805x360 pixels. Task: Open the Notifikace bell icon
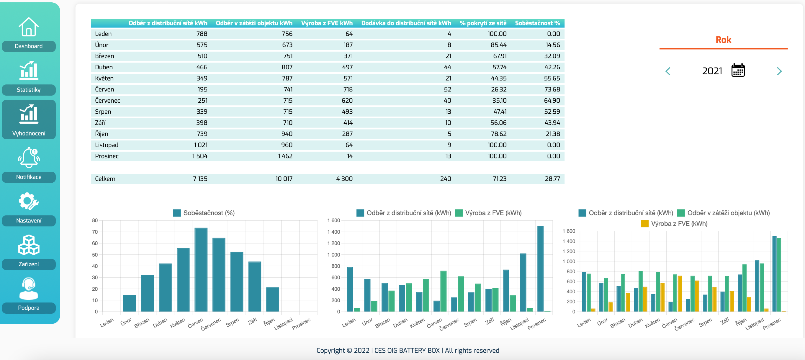point(28,158)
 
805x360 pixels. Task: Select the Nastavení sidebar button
point(28,220)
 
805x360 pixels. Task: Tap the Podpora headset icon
point(28,288)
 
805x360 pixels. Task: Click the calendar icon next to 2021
point(738,70)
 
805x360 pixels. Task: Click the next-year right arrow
point(779,71)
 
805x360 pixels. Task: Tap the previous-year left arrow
point(668,71)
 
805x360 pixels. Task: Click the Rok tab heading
point(723,40)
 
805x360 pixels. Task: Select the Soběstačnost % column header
point(537,23)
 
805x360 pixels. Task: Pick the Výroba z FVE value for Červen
point(348,89)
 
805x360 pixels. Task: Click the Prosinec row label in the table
point(107,156)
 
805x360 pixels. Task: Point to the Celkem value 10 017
point(284,179)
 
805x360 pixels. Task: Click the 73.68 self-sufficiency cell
point(552,89)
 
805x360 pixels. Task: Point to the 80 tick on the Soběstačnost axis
point(95,220)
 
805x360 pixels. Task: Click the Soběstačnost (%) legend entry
point(204,213)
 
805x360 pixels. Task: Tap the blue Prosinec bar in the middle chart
point(540,269)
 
